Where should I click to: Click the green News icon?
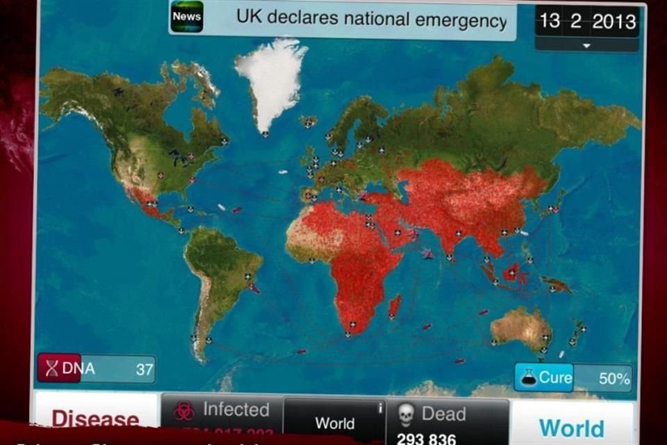pyautogui.click(x=187, y=17)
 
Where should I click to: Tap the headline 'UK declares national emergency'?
pyautogui.click(x=372, y=19)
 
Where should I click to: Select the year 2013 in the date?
pyautogui.click(x=614, y=21)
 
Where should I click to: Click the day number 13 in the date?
pyautogui.click(x=550, y=21)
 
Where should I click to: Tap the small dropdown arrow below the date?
pyautogui.click(x=586, y=45)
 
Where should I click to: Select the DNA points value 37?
pyautogui.click(x=144, y=369)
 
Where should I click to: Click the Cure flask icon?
pyautogui.click(x=529, y=378)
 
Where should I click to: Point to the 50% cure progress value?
pyautogui.click(x=614, y=379)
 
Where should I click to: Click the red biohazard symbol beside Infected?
pyautogui.click(x=183, y=412)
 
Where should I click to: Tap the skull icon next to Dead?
pyautogui.click(x=405, y=415)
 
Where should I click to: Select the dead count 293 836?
pyautogui.click(x=427, y=439)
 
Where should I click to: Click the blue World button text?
pyautogui.click(x=571, y=428)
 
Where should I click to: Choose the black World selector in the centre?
pyautogui.click(x=335, y=423)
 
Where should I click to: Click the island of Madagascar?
pyautogui.click(x=394, y=306)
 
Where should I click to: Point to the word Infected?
pyautogui.click(x=236, y=410)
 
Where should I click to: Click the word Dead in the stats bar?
pyautogui.click(x=443, y=414)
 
